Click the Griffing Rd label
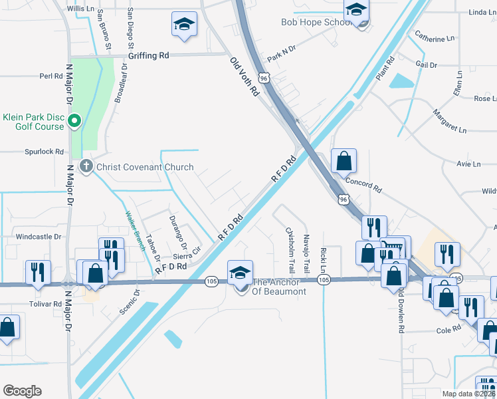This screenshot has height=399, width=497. [149, 56]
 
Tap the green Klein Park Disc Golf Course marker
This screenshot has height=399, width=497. [74, 121]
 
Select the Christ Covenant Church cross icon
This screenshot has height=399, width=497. [86, 166]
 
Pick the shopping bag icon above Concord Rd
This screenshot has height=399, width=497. [344, 162]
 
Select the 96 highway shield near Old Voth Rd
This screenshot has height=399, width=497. [264, 78]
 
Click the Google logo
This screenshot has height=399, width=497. [22, 390]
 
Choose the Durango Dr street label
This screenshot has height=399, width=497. [176, 227]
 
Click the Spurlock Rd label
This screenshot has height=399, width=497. [44, 152]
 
